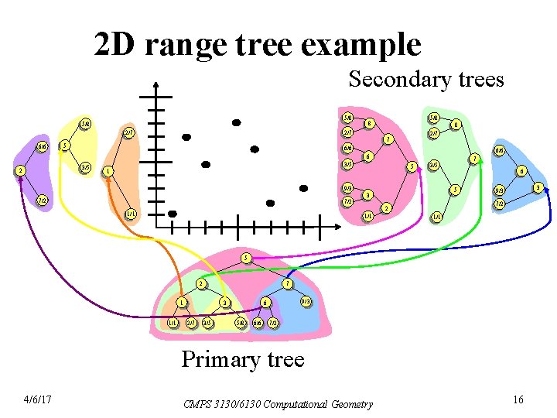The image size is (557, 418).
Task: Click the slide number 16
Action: pyautogui.click(x=518, y=399)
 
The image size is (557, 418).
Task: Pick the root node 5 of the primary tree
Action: pyautogui.click(x=246, y=257)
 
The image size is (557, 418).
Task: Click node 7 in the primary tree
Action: pyautogui.click(x=287, y=284)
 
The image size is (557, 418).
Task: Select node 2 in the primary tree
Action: pyautogui.click(x=201, y=284)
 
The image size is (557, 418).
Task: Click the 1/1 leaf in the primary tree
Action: pyautogui.click(x=173, y=322)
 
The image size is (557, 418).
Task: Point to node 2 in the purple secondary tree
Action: pyautogui.click(x=19, y=171)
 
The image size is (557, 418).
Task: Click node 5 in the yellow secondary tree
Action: pyautogui.click(x=66, y=145)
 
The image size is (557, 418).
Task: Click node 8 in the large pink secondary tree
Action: pyautogui.click(x=370, y=122)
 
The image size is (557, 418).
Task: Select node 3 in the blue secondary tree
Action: pyautogui.click(x=537, y=187)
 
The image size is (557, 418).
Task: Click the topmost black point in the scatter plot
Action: pyautogui.click(x=236, y=122)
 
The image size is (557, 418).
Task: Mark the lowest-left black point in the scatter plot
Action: pyautogui.click(x=172, y=214)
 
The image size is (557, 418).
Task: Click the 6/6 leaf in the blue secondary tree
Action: pyautogui.click(x=500, y=150)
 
